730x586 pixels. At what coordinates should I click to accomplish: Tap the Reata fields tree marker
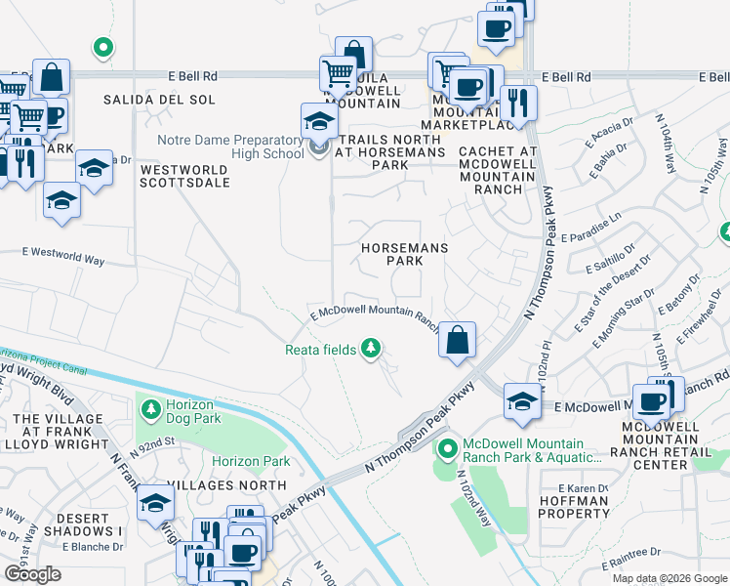(370, 348)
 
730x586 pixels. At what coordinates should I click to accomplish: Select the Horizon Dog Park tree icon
(150, 406)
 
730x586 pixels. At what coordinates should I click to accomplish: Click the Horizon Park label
(251, 461)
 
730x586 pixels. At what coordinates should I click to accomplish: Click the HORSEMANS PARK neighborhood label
(404, 254)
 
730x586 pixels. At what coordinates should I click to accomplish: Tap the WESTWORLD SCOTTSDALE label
(183, 176)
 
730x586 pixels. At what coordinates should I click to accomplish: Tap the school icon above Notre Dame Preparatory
(319, 121)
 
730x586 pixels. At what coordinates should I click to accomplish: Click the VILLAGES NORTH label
(226, 484)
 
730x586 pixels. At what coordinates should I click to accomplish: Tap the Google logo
(33, 574)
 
